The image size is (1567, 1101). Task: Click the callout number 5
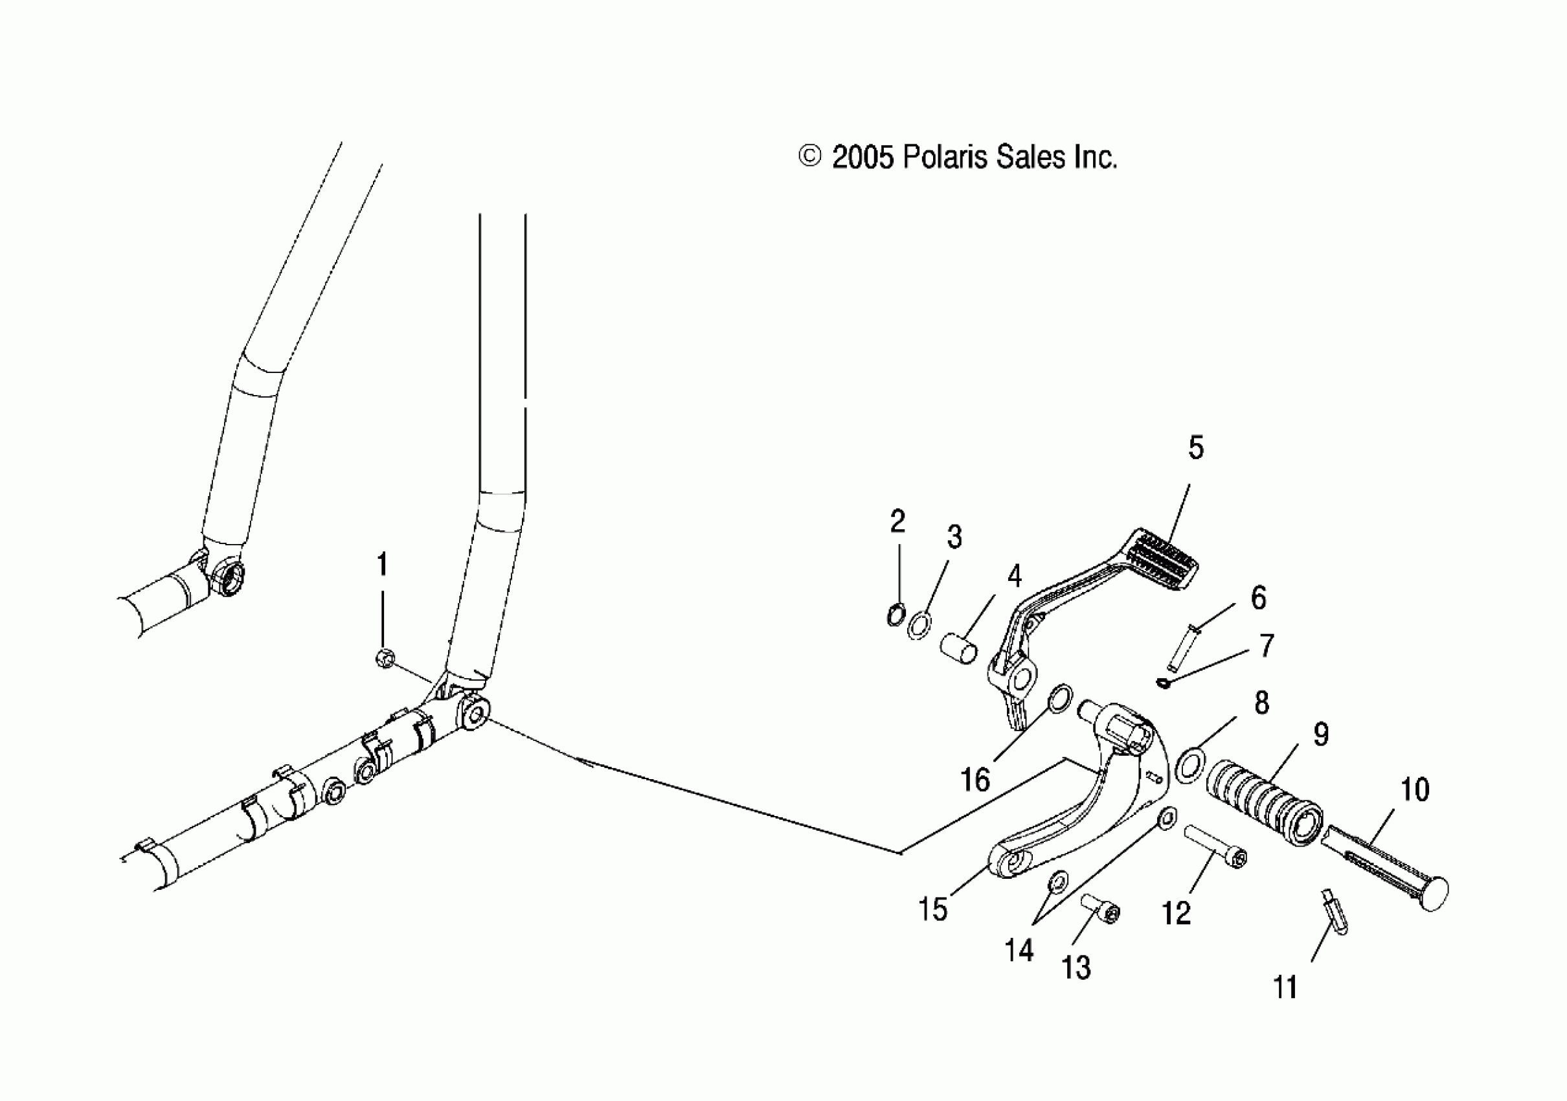coord(1196,448)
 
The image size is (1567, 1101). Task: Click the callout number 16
coord(975,780)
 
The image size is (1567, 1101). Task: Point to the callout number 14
coord(1019,950)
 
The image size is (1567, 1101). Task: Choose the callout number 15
coord(933,909)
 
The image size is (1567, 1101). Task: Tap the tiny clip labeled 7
coord(1164,683)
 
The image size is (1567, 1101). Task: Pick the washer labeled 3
coord(920,624)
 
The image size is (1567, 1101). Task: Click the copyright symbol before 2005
coord(809,157)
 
